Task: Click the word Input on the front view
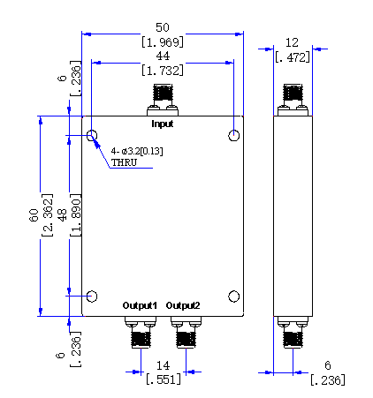tap(162, 124)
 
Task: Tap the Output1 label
tap(140, 305)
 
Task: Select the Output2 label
tap(183, 305)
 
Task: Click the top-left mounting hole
tap(92, 136)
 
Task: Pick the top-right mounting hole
tap(234, 136)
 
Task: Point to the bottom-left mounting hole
tap(92, 297)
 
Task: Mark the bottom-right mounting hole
tap(234, 297)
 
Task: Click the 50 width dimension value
tap(163, 27)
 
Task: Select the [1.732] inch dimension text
tap(163, 71)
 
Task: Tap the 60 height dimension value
tap(34, 215)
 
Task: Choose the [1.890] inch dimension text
tap(76, 215)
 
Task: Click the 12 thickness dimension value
tap(292, 43)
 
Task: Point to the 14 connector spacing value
tap(163, 365)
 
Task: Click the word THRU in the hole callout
tap(124, 162)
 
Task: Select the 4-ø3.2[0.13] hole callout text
tap(137, 151)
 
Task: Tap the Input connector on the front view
tap(163, 100)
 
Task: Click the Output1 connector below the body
tap(141, 332)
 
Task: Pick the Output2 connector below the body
tap(186, 332)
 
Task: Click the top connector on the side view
tap(293, 100)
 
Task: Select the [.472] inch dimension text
tap(293, 57)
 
